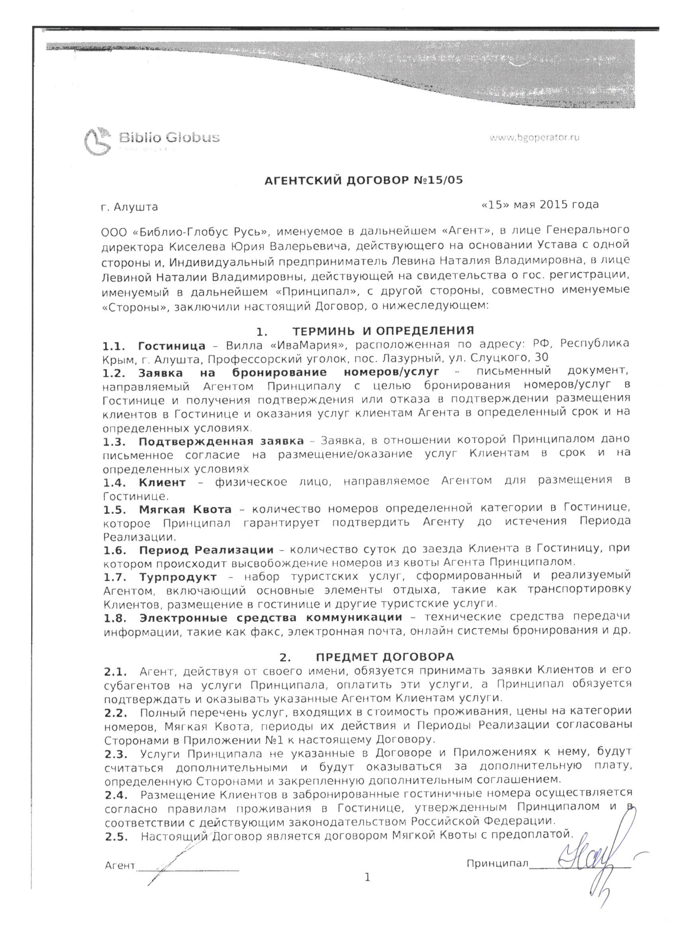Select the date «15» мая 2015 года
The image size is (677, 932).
(540, 204)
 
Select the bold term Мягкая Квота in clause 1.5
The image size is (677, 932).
(185, 510)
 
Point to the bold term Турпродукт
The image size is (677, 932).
(177, 577)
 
